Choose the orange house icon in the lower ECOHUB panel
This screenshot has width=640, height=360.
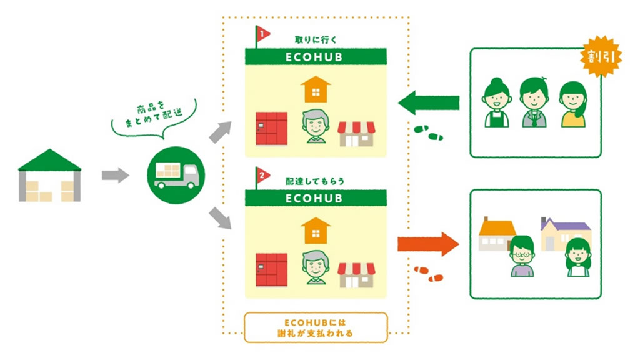tap(316, 230)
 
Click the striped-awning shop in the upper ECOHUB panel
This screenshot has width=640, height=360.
tap(356, 133)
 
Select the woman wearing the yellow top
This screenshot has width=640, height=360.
tap(573, 104)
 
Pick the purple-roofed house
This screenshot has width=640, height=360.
tap(564, 232)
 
